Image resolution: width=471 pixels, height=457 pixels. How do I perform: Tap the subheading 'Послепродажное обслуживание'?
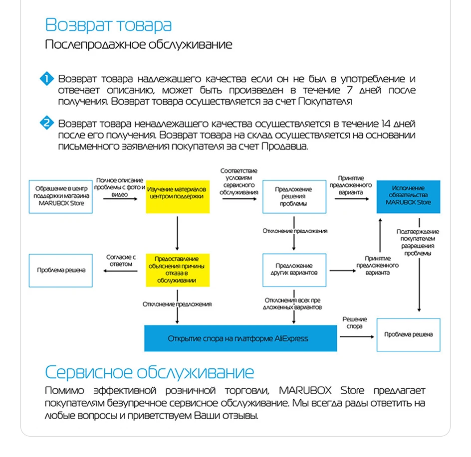click(x=138, y=44)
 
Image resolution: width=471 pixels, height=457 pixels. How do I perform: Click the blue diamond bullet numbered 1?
click(x=47, y=79)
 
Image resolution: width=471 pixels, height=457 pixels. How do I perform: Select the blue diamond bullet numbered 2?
click(x=47, y=123)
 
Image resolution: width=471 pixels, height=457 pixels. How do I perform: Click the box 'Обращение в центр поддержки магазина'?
click(x=60, y=196)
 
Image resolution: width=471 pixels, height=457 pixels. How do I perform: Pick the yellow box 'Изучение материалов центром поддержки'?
click(x=177, y=196)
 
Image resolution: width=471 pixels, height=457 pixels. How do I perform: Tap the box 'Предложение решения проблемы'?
click(x=294, y=196)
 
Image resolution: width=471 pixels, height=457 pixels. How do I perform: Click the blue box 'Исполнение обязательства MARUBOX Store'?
click(x=408, y=196)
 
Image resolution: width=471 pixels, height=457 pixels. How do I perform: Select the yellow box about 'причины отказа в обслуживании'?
click(x=177, y=270)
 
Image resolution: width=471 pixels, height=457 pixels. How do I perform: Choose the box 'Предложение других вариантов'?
click(x=294, y=270)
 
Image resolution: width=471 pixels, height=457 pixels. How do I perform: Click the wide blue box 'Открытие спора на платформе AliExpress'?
click(x=240, y=338)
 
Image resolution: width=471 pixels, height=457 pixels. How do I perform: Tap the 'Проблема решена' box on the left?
click(x=60, y=270)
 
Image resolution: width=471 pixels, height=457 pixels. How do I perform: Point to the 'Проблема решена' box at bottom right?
click(x=408, y=334)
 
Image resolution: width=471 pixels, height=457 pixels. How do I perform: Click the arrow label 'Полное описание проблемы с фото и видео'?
click(x=120, y=187)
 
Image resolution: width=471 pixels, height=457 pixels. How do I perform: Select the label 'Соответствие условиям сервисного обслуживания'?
click(x=239, y=181)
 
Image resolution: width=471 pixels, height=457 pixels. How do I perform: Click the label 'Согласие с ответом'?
click(x=120, y=260)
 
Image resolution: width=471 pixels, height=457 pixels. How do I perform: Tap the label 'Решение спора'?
click(x=355, y=322)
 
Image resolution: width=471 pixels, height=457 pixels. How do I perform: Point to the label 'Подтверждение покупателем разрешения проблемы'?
click(x=418, y=242)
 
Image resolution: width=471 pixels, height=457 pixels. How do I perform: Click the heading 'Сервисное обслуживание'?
click(x=149, y=372)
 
